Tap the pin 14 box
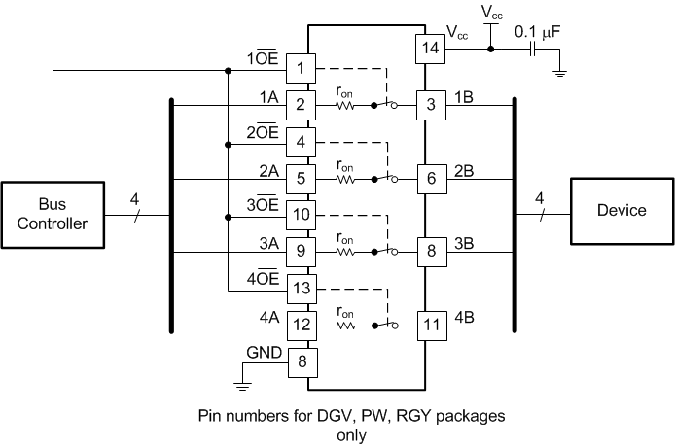click(430, 48)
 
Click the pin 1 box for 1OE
click(302, 68)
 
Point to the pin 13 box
click(302, 288)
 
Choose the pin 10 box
click(302, 215)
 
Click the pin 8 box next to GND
click(302, 361)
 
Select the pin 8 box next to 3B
click(430, 251)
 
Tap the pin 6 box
click(430, 179)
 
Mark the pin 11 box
click(430, 325)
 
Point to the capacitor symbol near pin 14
click(532, 48)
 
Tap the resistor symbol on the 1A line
click(344, 105)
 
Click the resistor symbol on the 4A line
click(344, 325)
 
